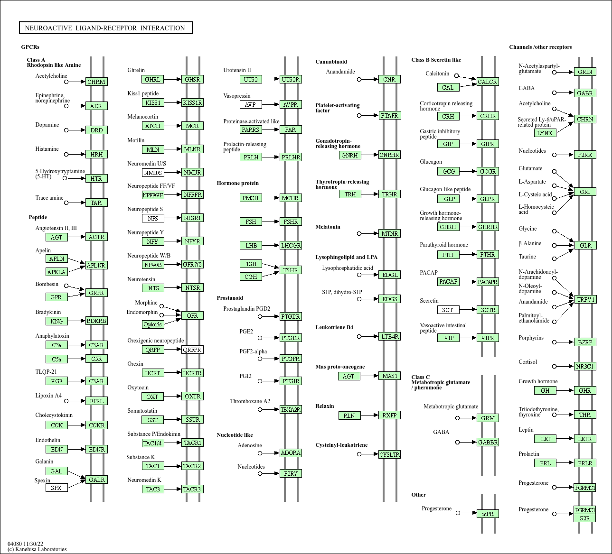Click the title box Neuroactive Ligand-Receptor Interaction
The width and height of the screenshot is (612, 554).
pyautogui.click(x=105, y=28)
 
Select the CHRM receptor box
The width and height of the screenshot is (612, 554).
pyautogui.click(x=96, y=82)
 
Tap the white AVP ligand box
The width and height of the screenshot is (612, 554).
pyautogui.click(x=251, y=104)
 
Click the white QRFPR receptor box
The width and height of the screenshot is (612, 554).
pyautogui.click(x=192, y=350)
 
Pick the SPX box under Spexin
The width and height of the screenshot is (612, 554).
pyautogui.click(x=56, y=488)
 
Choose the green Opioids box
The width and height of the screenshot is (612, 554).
pyautogui.click(x=153, y=324)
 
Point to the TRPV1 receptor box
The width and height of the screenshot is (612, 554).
pyautogui.click(x=585, y=299)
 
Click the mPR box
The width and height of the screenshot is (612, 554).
pyautogui.click(x=488, y=514)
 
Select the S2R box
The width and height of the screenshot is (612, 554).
pyautogui.click(x=584, y=518)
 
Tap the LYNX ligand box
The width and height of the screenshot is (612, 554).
pyautogui.click(x=545, y=133)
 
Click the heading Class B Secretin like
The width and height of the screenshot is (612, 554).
pyautogui.click(x=436, y=60)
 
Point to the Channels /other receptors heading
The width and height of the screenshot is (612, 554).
pyautogui.click(x=540, y=47)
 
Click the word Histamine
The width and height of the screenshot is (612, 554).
pyautogui.click(x=47, y=149)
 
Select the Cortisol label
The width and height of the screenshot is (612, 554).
pyautogui.click(x=527, y=362)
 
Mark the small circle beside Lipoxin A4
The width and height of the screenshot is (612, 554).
pyautogui.click(x=66, y=401)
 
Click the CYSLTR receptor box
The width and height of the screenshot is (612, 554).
pyautogui.click(x=389, y=454)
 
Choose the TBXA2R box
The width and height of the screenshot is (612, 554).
pyautogui.click(x=291, y=409)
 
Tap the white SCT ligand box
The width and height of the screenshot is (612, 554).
pyautogui.click(x=448, y=310)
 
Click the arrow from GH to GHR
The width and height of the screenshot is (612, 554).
pyautogui.click(x=565, y=390)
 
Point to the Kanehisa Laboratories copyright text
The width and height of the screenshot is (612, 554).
pyautogui.click(x=37, y=549)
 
